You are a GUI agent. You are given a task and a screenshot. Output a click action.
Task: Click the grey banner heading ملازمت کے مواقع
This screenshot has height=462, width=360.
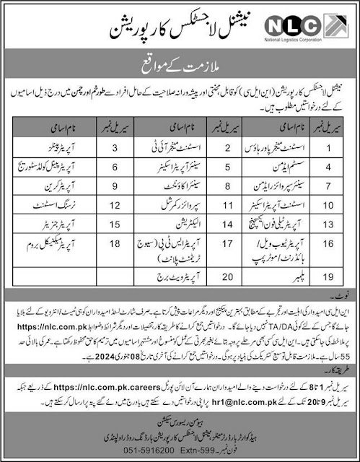point(180,74)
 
